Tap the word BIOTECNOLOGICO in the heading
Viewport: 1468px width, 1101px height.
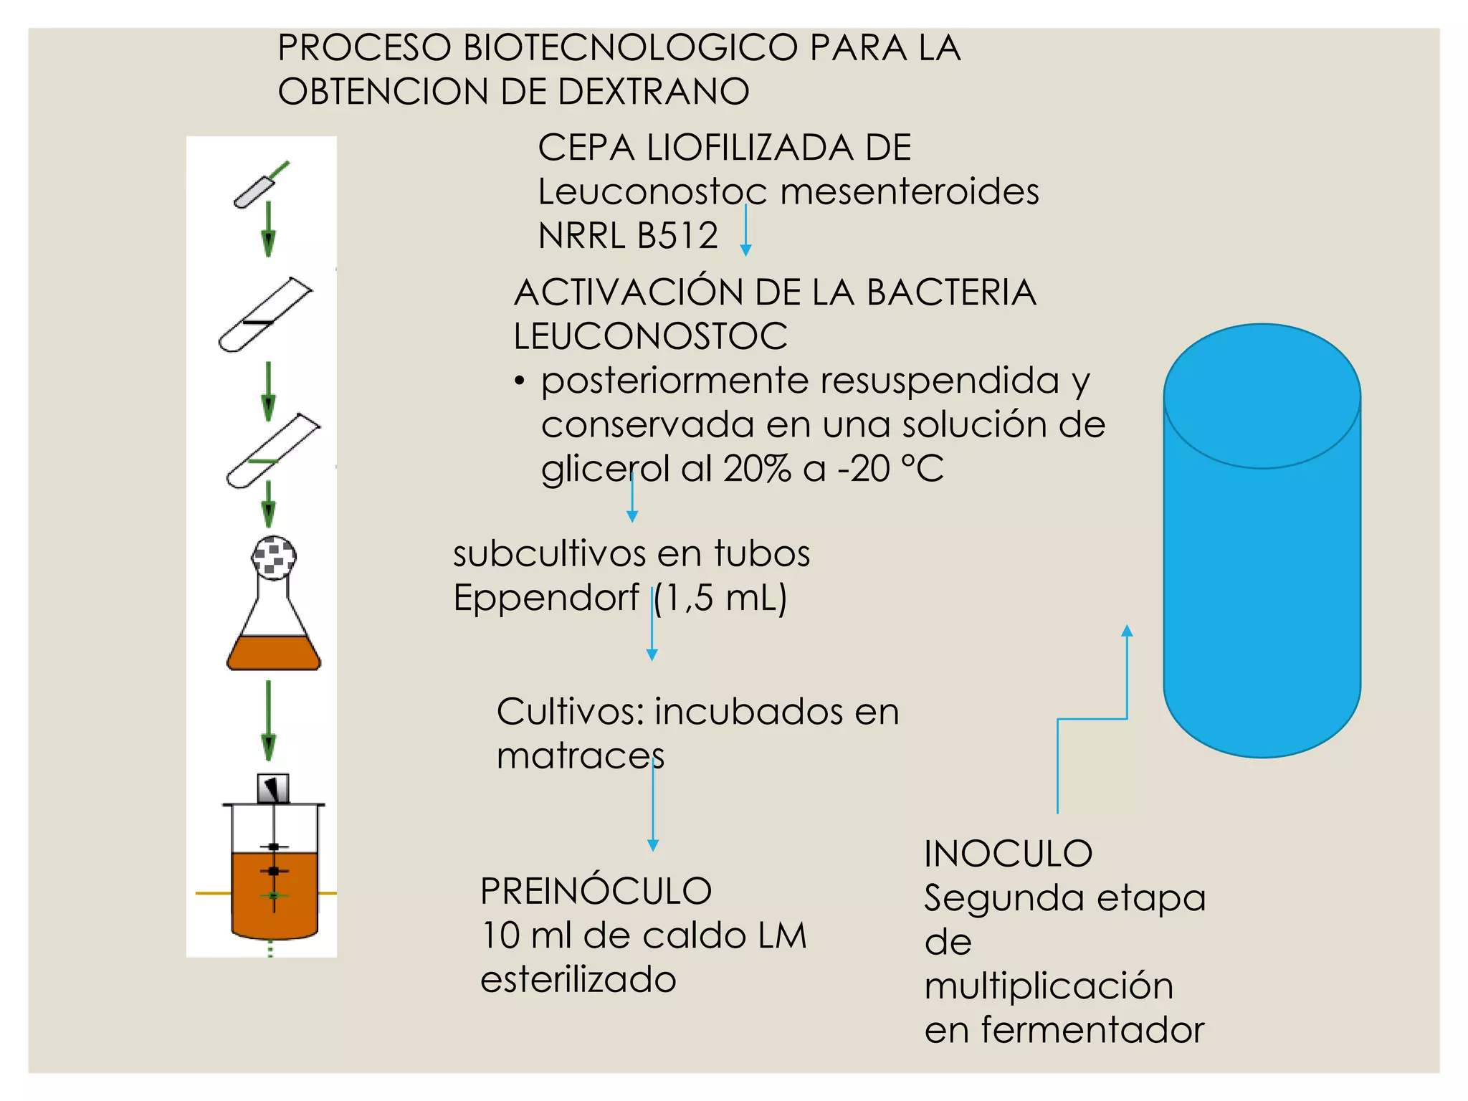click(x=631, y=49)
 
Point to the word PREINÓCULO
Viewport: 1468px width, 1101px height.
click(x=596, y=892)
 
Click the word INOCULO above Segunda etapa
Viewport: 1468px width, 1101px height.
click(x=1008, y=854)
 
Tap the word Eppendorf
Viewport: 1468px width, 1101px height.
click(x=546, y=597)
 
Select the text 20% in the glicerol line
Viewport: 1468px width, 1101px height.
click(x=758, y=470)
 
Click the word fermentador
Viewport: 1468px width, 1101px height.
click(x=1092, y=1030)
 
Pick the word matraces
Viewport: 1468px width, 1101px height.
click(x=581, y=756)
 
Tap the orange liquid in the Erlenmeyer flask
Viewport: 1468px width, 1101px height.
click(x=273, y=653)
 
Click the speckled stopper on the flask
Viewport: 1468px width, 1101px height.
click(x=274, y=558)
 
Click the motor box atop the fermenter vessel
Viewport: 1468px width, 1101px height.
click(x=273, y=788)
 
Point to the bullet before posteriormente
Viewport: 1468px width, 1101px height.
click(x=520, y=381)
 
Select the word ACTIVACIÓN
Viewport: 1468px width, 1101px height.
click(x=628, y=292)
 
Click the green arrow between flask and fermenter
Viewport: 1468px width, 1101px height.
click(x=269, y=720)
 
